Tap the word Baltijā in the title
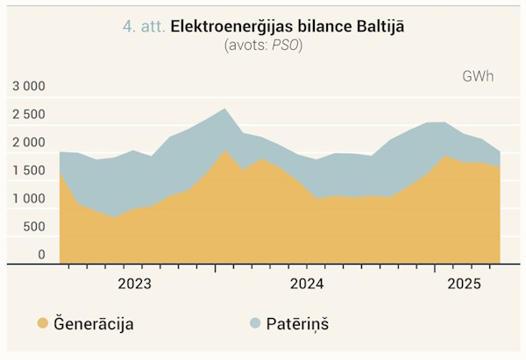pyautogui.click(x=380, y=26)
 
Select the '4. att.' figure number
pyautogui.click(x=144, y=26)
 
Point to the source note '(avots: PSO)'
pyautogui.click(x=263, y=45)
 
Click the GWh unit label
pyautogui.click(x=478, y=76)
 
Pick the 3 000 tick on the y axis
pyautogui.click(x=29, y=86)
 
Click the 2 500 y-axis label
pyautogui.click(x=29, y=114)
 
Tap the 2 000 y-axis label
pyautogui.click(x=29, y=143)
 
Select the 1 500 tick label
pyautogui.click(x=29, y=171)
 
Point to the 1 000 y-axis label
pyautogui.click(x=29, y=199)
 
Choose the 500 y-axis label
pyautogui.click(x=34, y=227)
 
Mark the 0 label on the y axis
pyautogui.click(x=41, y=255)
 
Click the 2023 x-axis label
pyautogui.click(x=135, y=284)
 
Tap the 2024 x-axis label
pyautogui.click(x=307, y=284)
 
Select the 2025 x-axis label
pyautogui.click(x=465, y=284)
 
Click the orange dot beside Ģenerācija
pyautogui.click(x=43, y=323)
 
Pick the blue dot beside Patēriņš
pyautogui.click(x=255, y=323)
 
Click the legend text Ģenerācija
pyautogui.click(x=94, y=323)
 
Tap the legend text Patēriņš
pyautogui.click(x=297, y=323)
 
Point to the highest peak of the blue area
pyautogui.click(x=224, y=109)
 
